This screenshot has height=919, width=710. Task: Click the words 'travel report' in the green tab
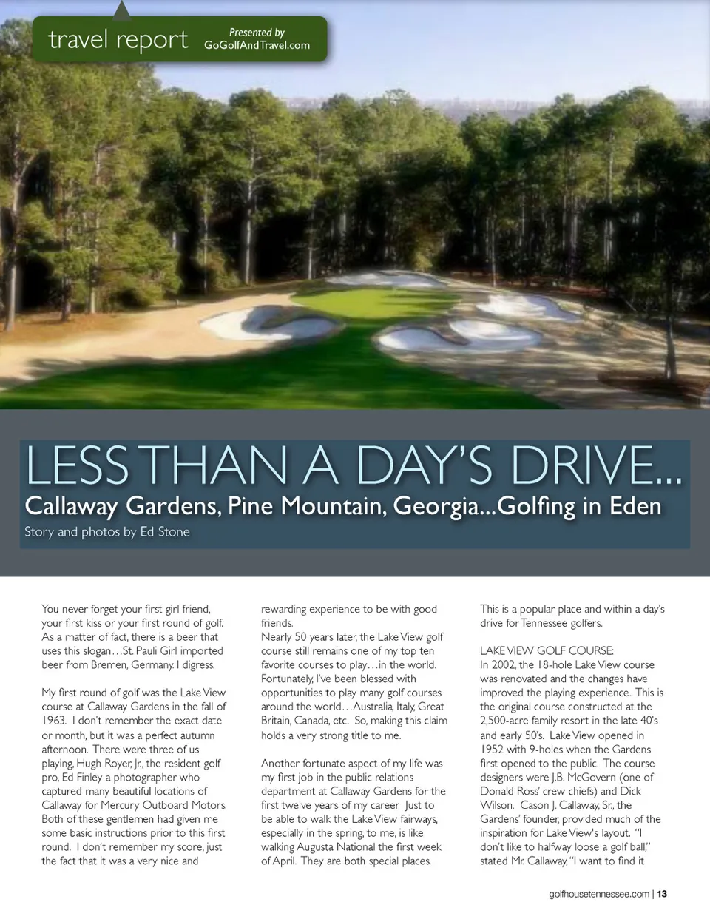click(118, 38)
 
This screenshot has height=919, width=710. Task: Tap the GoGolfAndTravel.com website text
click(257, 45)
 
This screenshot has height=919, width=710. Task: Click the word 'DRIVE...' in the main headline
click(595, 466)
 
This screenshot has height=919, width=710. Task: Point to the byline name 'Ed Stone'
click(165, 532)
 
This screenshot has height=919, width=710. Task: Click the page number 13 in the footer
click(662, 894)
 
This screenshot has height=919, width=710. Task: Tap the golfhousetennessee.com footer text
click(599, 894)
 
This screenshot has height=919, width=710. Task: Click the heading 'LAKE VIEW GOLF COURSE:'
click(547, 651)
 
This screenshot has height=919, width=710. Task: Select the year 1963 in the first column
click(54, 721)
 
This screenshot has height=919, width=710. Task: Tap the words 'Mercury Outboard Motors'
click(179, 806)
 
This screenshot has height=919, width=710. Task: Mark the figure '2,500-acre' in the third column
click(507, 721)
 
